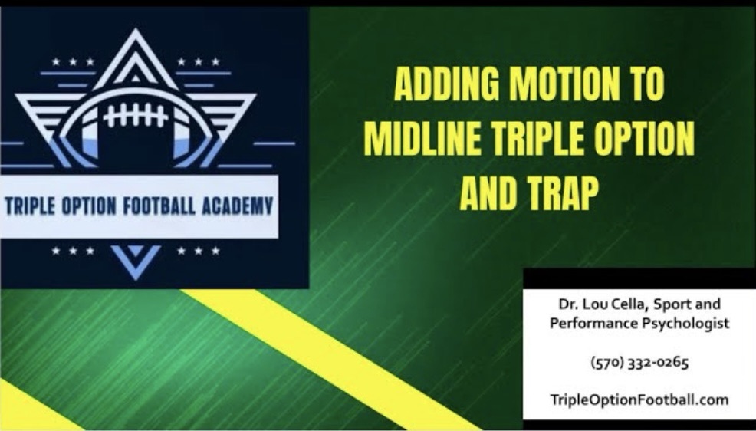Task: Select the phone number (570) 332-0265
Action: pyautogui.click(x=639, y=362)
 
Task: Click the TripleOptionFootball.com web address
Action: pyautogui.click(x=639, y=400)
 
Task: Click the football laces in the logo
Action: pyautogui.click(x=136, y=116)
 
